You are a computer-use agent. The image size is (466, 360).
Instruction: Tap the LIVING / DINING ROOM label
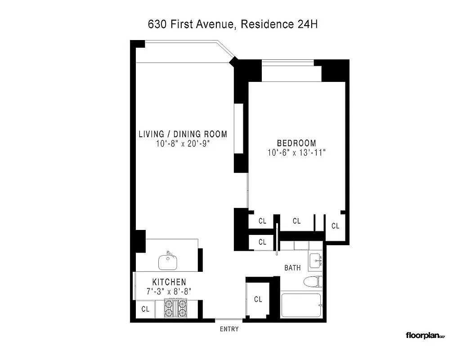183,134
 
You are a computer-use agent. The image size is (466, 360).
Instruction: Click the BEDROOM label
296,143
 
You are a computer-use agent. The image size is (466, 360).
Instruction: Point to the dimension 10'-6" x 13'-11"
296,153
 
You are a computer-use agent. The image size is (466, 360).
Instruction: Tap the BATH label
292,268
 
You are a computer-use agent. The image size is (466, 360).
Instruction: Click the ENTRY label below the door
229,329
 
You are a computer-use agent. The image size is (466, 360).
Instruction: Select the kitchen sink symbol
169,260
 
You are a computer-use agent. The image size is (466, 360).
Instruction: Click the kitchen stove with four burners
175,310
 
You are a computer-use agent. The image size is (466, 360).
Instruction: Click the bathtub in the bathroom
300,306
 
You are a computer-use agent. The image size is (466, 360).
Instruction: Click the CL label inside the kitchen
145,309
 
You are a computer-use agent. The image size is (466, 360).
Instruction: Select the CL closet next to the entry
258,299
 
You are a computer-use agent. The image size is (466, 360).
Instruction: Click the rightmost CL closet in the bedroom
335,226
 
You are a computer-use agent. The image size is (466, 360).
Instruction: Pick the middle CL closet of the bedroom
296,221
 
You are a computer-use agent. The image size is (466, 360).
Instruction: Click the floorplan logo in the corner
425,335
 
